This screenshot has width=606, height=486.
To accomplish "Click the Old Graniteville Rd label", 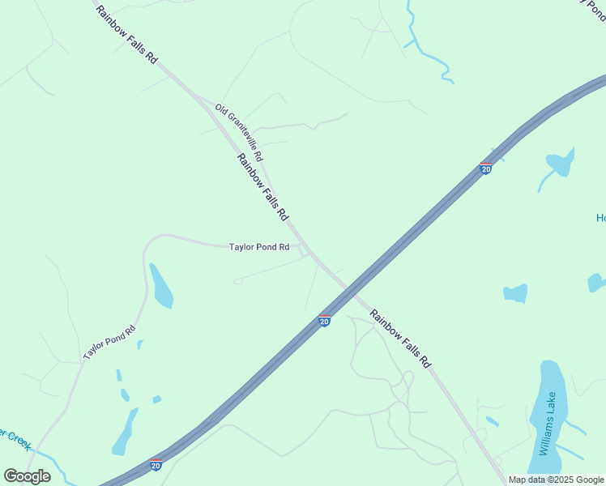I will click(239, 131).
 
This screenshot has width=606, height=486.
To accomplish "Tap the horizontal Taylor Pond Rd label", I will click(259, 247).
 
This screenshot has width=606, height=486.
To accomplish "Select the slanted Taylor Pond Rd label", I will click(109, 343).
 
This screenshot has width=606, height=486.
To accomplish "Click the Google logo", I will click(28, 476).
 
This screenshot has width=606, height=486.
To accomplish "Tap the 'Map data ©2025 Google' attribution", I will click(556, 480).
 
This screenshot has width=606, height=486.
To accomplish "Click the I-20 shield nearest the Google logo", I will click(156, 465).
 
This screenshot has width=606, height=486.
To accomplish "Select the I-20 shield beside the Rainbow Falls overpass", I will click(324, 321).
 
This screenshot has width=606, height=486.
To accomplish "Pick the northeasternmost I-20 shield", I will click(485, 168).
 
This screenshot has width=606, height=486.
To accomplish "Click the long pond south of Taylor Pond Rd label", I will click(160, 287).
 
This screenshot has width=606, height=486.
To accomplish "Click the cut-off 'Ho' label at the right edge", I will click(600, 218).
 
